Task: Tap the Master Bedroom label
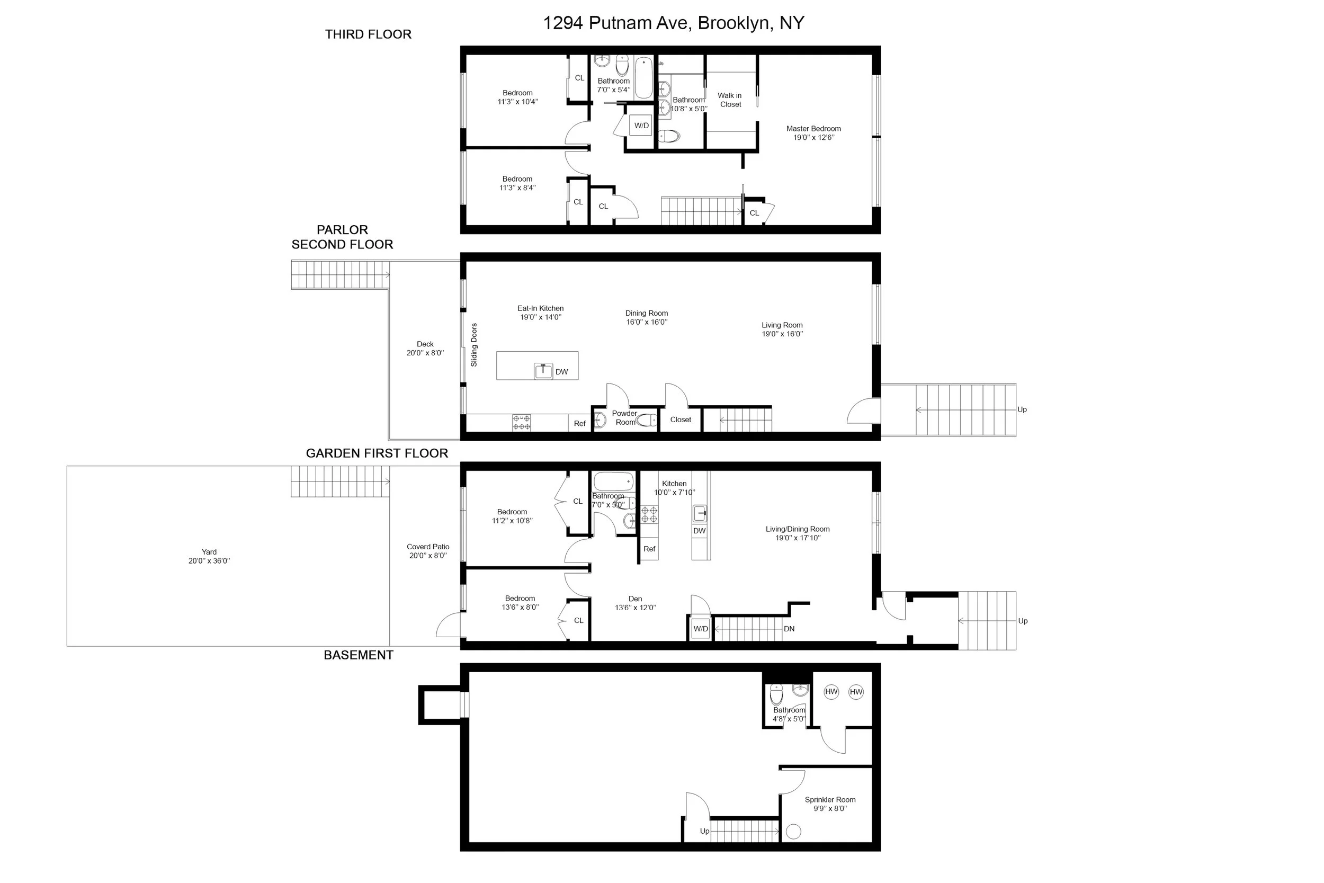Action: [813, 128]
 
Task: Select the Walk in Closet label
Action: [730, 100]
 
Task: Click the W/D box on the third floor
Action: [641, 126]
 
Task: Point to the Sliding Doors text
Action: [474, 345]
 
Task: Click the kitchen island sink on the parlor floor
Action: [543, 371]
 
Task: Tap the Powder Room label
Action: [624, 418]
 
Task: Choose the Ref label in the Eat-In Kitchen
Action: [580, 423]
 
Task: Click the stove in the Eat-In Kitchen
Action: [521, 423]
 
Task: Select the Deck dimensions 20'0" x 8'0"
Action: [425, 353]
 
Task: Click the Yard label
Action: [209, 552]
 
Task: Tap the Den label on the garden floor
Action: [635, 599]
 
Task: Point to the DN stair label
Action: [789, 628]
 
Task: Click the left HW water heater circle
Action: [831, 692]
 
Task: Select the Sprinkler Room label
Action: [830, 800]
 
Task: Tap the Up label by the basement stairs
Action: [704, 831]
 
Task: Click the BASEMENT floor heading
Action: [359, 655]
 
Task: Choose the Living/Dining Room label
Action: [798, 529]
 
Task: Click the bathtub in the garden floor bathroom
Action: [614, 481]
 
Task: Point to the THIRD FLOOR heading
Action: [368, 34]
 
